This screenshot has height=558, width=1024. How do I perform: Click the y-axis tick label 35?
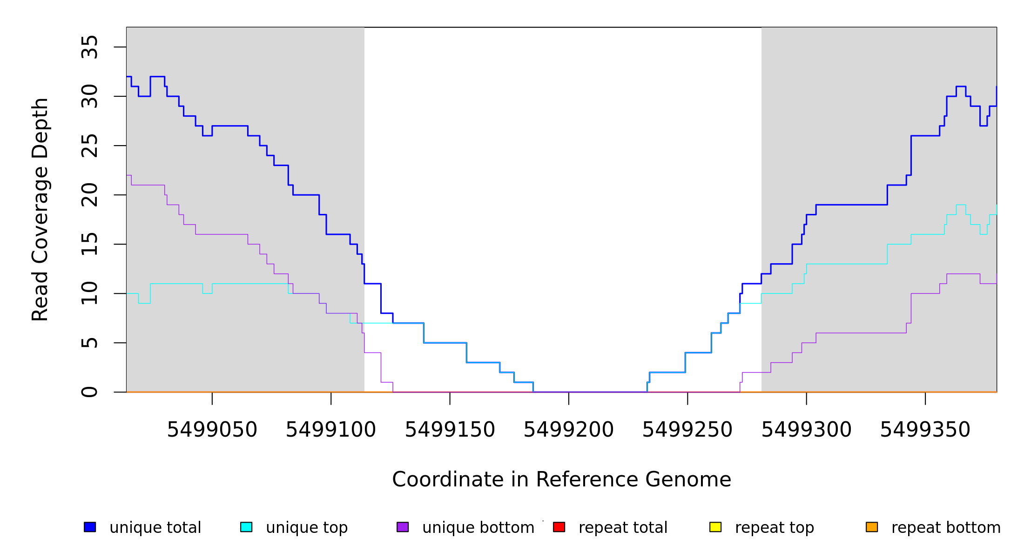tap(89, 47)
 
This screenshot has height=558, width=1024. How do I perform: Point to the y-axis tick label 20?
tap(89, 195)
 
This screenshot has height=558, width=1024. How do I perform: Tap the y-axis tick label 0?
tap(89, 392)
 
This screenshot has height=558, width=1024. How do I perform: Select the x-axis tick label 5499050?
tap(212, 430)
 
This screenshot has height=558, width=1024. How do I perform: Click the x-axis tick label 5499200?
tap(568, 430)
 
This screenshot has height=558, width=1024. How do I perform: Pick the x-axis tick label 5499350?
tap(925, 430)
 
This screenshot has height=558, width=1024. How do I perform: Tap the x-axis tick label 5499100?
tap(330, 430)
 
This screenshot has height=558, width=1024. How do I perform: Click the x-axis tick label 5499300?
tap(806, 430)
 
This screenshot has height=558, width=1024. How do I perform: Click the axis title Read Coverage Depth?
tap(40, 209)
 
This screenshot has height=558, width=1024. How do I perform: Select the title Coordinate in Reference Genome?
tap(561, 480)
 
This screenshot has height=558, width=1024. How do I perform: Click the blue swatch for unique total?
tap(90, 527)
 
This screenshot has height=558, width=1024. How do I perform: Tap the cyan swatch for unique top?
tap(246, 527)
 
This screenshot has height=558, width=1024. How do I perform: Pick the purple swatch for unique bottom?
tap(403, 527)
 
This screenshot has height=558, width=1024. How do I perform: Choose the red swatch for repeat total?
tap(559, 527)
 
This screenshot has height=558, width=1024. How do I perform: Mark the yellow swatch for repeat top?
tap(715, 527)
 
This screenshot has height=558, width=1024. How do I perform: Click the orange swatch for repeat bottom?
tap(872, 527)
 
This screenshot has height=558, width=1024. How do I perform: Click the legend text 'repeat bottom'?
tap(946, 528)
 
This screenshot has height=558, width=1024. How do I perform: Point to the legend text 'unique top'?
tap(307, 528)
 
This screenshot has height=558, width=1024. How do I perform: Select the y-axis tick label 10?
tap(89, 293)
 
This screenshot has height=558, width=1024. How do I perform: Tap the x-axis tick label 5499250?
tap(687, 430)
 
